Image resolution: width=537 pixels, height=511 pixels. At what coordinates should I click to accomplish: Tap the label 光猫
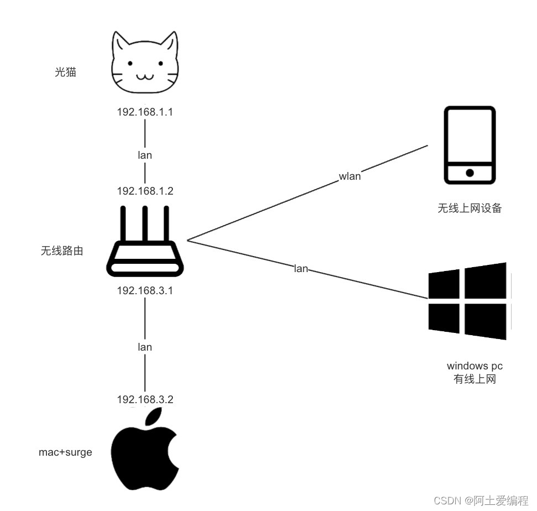(65, 71)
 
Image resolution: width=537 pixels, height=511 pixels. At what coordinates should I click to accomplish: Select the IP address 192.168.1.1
(145, 112)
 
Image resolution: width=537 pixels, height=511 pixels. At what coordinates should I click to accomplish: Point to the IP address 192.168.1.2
(145, 191)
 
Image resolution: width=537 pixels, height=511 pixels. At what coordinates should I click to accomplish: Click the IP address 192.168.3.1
(145, 290)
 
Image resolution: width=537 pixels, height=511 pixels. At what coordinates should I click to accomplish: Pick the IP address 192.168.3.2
(145, 399)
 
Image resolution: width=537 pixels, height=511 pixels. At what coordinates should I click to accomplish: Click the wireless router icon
(145, 243)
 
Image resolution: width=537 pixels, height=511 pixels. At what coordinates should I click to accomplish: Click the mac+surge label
(65, 452)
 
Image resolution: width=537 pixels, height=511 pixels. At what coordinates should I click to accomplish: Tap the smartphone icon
(470, 145)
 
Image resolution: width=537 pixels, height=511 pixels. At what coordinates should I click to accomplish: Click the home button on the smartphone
(470, 173)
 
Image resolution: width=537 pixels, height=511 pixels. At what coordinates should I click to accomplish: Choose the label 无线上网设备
(470, 208)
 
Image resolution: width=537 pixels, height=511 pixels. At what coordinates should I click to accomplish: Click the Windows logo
(468, 301)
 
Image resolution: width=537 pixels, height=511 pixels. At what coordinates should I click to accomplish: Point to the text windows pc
(475, 366)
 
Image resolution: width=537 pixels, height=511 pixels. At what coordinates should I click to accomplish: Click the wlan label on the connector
(350, 176)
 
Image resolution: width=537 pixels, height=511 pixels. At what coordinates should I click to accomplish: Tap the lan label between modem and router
(145, 155)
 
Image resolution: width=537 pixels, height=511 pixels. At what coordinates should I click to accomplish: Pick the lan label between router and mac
(145, 347)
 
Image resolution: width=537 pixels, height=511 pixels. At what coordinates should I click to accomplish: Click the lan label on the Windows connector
(301, 269)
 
